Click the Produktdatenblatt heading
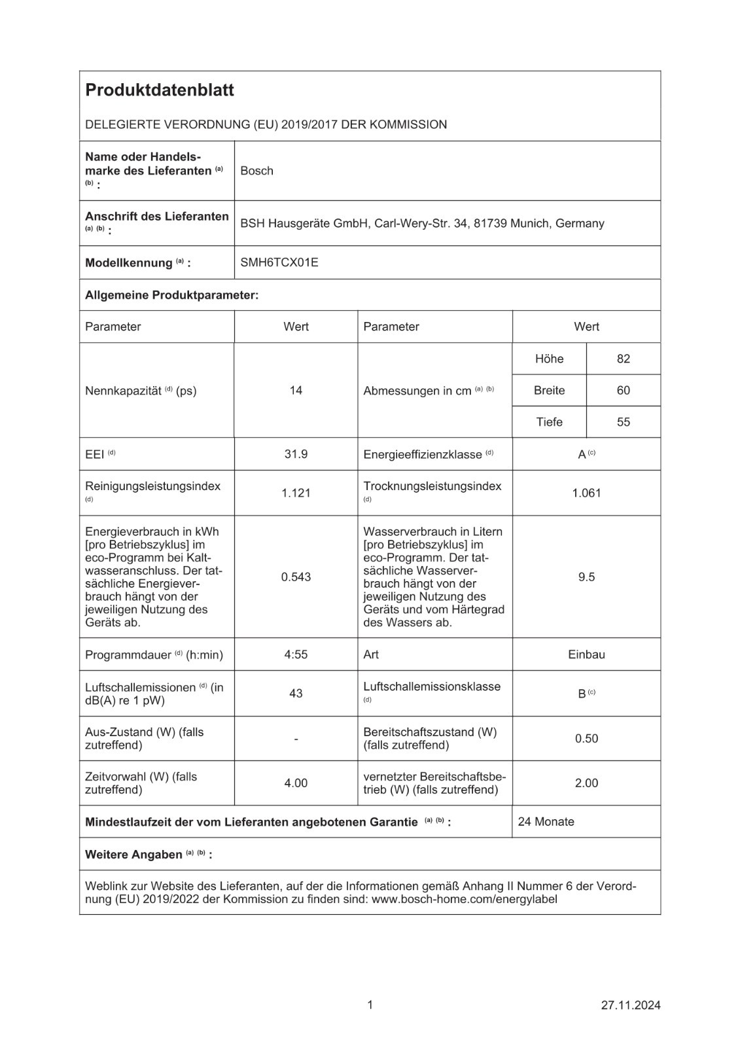(x=160, y=90)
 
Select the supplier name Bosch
(x=256, y=171)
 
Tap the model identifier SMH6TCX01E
(x=279, y=262)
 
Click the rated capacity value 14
(x=296, y=390)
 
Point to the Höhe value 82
(x=623, y=359)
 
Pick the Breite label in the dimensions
(x=549, y=390)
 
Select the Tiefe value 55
(x=623, y=422)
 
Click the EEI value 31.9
(x=296, y=453)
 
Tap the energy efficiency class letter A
(x=582, y=454)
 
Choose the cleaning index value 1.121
(x=296, y=493)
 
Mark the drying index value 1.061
(x=586, y=493)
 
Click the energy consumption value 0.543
(x=296, y=577)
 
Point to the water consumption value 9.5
(x=586, y=577)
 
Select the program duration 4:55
(x=296, y=654)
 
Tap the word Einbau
(x=586, y=654)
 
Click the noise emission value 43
(x=296, y=693)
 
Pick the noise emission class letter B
(x=582, y=694)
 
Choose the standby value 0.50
(x=586, y=738)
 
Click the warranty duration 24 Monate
(x=546, y=822)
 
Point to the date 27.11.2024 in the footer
(x=631, y=1005)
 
